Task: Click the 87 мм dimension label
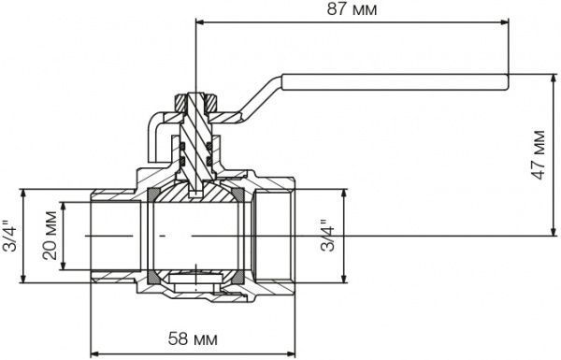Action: point(352,9)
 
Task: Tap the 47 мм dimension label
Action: point(539,155)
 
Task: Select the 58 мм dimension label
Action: point(193,338)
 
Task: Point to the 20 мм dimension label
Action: point(50,236)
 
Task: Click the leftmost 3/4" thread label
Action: point(9,235)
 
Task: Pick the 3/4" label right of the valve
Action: point(327,235)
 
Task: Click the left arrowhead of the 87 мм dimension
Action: point(200,22)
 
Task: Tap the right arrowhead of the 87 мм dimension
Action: point(505,22)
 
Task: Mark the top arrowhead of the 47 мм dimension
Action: point(554,78)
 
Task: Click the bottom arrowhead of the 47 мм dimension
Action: point(554,232)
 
